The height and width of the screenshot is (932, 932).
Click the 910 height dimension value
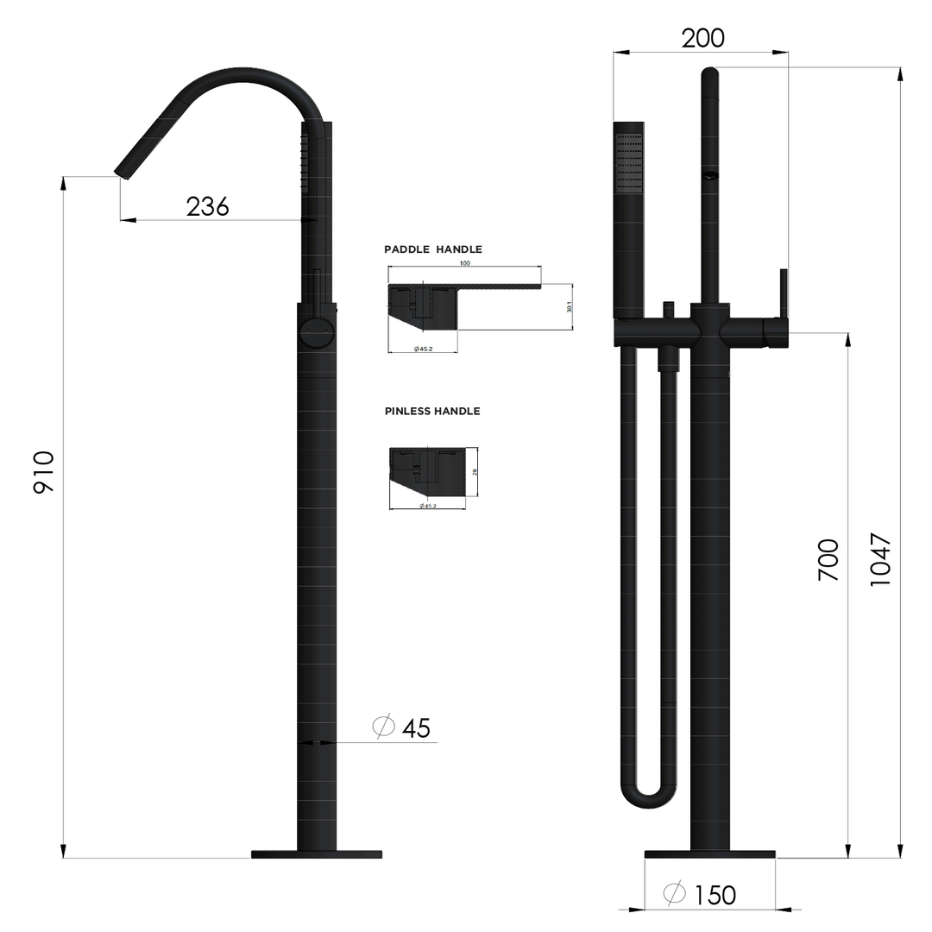coord(44,472)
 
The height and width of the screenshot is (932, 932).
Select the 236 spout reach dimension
coord(207,206)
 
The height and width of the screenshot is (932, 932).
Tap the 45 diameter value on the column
coord(416,728)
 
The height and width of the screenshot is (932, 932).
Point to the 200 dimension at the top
coord(702,39)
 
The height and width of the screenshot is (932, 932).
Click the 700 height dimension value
coord(828,559)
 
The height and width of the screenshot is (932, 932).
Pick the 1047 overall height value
coord(879,561)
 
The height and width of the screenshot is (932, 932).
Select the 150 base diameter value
coord(715,895)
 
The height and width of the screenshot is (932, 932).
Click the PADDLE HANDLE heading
coord(433,249)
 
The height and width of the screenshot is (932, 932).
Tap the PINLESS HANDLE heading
coord(432,412)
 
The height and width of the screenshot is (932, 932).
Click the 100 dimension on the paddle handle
coord(465,262)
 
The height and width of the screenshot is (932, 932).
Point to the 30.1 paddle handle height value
coord(570,306)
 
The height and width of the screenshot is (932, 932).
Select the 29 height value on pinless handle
coord(474,472)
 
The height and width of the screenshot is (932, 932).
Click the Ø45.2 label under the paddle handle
coord(423,349)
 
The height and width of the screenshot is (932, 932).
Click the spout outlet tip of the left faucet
coord(123,172)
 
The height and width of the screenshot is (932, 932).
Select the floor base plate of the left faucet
coord(316,854)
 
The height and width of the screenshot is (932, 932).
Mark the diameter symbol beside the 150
coord(675,894)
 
